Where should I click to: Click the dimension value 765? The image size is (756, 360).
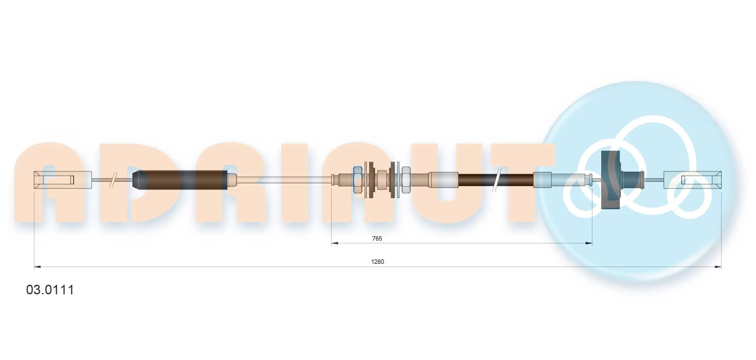click(377, 238)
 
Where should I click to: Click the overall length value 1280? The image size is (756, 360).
click(378, 262)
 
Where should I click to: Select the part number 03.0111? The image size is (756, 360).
click(50, 290)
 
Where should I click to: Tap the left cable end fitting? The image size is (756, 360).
click(63, 180)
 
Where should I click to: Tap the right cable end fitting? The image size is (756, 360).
click(692, 180)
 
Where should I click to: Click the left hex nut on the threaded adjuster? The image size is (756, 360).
click(358, 180)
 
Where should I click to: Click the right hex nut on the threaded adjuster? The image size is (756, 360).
click(406, 180)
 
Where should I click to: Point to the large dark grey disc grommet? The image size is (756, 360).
click(610, 180)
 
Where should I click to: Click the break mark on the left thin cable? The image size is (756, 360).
click(113, 180)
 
